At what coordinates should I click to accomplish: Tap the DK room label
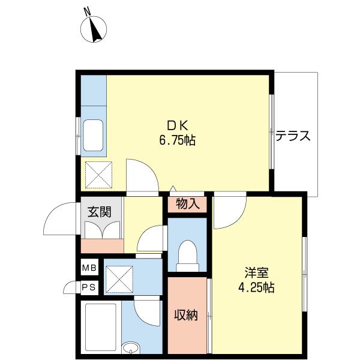pyautogui.click(x=178, y=126)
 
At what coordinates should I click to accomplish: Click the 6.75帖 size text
pyautogui.click(x=178, y=141)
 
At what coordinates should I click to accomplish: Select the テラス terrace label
pyautogui.click(x=293, y=136)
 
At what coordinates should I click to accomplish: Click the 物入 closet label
pyautogui.click(x=187, y=205)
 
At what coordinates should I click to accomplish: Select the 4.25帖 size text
pyautogui.click(x=255, y=287)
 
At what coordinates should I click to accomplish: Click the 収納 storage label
pyautogui.click(x=186, y=315)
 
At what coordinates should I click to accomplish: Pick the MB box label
pyautogui.click(x=89, y=268)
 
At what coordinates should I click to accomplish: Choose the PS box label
pyautogui.click(x=89, y=287)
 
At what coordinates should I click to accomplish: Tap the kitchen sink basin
pyautogui.click(x=94, y=136)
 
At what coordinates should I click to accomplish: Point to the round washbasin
pyautogui.click(x=130, y=347)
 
